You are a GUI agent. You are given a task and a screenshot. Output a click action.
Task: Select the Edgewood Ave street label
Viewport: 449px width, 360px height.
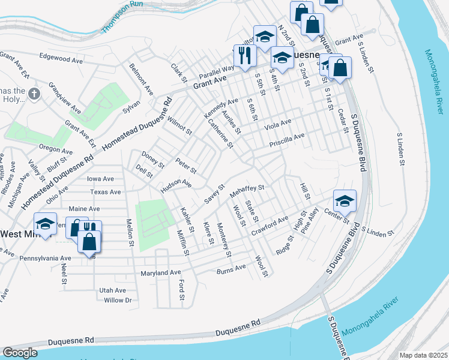coord(61,61)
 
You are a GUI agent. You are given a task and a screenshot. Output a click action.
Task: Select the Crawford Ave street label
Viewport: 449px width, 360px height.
coord(270,224)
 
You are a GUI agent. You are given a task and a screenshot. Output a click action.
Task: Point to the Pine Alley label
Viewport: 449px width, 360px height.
coord(310,220)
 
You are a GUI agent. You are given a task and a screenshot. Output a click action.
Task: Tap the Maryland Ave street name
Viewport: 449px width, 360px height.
coord(161,272)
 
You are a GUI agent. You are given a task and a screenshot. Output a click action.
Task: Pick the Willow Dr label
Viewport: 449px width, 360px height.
coord(117,300)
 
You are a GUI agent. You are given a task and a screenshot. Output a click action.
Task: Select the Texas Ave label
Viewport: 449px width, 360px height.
coord(106,192)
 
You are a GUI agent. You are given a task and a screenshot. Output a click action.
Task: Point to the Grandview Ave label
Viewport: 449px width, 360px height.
coord(64,98)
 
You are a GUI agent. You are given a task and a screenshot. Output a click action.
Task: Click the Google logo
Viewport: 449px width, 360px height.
coord(20,353)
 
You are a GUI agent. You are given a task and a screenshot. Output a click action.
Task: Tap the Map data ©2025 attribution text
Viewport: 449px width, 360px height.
coord(423,355)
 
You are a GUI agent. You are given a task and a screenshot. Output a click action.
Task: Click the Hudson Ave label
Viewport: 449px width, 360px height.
coord(175,187)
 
